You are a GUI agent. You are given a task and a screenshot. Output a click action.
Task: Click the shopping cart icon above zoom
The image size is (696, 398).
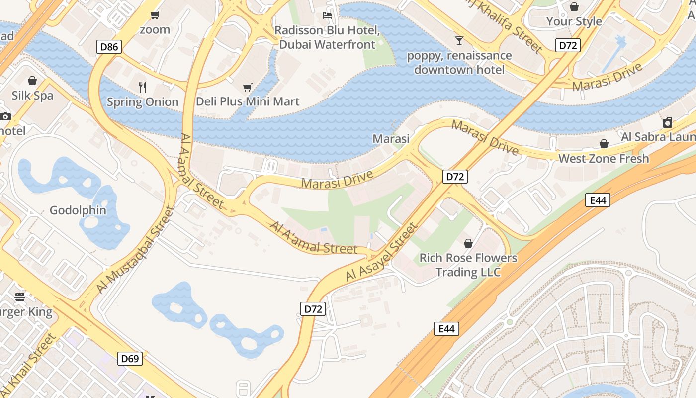(x=155, y=15)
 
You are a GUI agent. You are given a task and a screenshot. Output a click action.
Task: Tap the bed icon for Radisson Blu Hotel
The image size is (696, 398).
(x=327, y=15)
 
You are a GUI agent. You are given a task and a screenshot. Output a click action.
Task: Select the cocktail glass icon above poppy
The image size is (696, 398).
(x=459, y=40)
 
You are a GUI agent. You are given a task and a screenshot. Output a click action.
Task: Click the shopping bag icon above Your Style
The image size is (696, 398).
(x=574, y=7)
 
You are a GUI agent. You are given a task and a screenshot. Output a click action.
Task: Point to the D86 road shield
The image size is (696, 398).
(x=109, y=47)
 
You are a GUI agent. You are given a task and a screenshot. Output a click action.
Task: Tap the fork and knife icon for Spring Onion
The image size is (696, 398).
(x=143, y=87)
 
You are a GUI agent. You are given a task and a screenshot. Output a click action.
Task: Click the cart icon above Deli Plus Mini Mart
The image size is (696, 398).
(x=247, y=88)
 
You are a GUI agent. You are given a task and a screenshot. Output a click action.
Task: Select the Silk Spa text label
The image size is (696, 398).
(x=32, y=96)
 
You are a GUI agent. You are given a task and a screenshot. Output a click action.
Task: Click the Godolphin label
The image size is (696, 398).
(x=78, y=210)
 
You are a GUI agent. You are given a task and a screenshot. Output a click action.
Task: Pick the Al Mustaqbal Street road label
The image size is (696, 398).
(x=135, y=250)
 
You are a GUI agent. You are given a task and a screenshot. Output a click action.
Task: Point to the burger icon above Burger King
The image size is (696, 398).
(x=20, y=297)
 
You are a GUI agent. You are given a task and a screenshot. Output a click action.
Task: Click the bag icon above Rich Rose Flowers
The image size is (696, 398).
(x=468, y=243)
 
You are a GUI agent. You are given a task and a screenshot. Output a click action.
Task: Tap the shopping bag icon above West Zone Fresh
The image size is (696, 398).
(x=604, y=144)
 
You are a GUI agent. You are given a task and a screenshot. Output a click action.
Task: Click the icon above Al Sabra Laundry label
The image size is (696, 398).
(x=668, y=122)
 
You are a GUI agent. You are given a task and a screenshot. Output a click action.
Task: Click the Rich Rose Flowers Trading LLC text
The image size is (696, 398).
(x=468, y=265)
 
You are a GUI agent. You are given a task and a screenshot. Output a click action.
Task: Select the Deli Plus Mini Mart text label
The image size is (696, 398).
(x=248, y=101)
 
